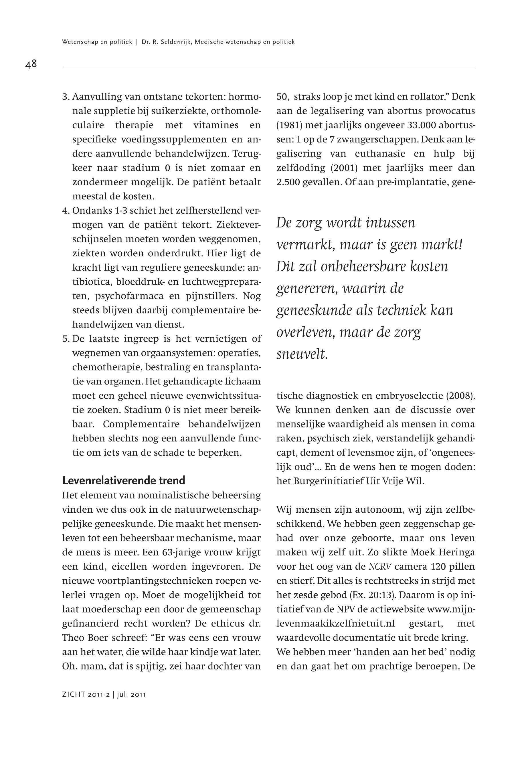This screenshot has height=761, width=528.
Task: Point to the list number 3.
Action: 65,97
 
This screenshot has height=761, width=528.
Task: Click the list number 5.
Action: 65,339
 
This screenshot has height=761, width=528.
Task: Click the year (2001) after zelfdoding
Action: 344,168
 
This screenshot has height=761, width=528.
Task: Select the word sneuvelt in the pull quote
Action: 302,354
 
